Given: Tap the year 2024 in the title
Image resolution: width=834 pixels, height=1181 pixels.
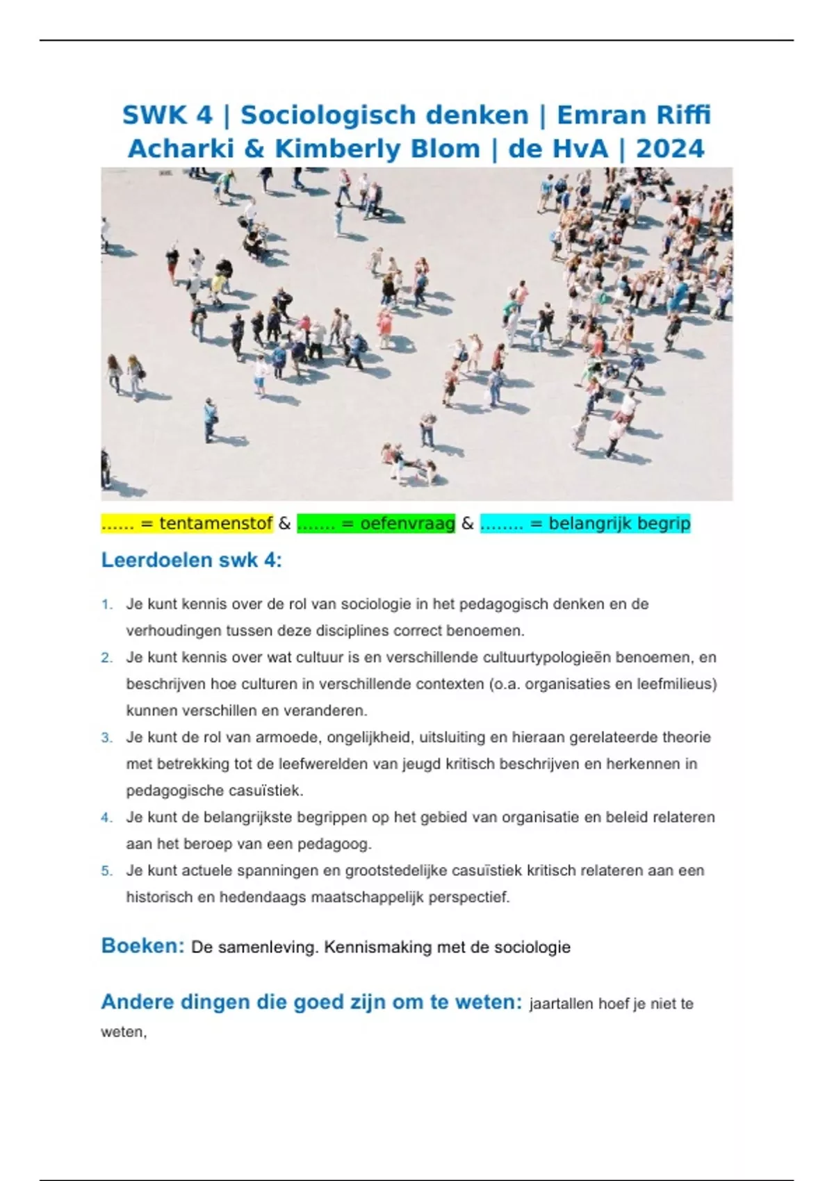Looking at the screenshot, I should (x=670, y=149).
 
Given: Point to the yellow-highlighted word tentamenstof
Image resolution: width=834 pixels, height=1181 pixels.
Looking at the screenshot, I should (x=215, y=524).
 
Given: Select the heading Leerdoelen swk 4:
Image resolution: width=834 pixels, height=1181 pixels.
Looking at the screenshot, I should (x=192, y=560).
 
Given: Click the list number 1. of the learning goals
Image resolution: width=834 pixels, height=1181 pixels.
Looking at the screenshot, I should (x=107, y=604).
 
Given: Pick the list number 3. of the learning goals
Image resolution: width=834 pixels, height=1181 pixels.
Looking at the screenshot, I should (x=107, y=738).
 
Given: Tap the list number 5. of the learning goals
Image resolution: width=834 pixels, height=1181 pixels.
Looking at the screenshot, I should (x=107, y=871).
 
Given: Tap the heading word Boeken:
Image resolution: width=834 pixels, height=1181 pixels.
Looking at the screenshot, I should (x=142, y=946).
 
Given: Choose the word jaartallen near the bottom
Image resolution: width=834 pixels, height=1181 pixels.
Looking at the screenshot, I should (x=561, y=1004).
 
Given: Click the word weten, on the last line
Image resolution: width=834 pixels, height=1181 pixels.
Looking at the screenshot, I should (x=124, y=1032).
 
